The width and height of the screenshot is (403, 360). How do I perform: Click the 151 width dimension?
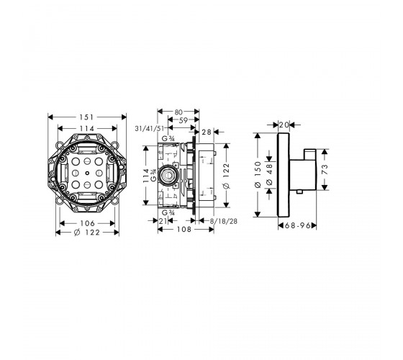tap(86, 117)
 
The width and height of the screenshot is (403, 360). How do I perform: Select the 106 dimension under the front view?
tap(87, 223)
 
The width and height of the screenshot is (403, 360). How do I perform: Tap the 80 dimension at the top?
tap(178, 112)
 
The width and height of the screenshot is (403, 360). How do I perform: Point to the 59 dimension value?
tap(184, 120)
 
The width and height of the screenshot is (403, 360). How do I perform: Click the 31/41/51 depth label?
tap(150, 128)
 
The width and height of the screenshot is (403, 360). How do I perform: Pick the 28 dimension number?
tap(207, 132)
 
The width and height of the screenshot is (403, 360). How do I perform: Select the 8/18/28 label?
tap(224, 221)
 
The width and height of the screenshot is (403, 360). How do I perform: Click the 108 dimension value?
tap(184, 229)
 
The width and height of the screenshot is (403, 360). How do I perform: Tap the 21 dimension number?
tap(163, 221)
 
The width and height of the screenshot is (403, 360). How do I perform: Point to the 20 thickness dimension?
tap(284, 125)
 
